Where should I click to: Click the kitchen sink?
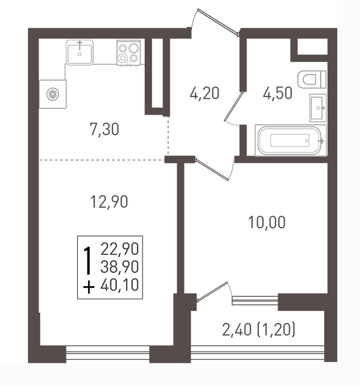point(79,52)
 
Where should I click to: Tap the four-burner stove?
point(128,53)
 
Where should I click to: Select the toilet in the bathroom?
point(312,79)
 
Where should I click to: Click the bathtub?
point(291,141)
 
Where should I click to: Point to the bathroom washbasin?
point(318,108)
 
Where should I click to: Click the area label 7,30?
point(104,129)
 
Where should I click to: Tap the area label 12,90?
point(109,202)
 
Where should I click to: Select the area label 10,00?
point(267,222)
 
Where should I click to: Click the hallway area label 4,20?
point(204,94)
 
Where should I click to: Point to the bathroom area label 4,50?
point(278,94)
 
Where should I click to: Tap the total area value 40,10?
point(120,285)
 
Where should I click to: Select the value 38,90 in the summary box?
point(120,267)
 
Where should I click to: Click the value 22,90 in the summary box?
point(120,249)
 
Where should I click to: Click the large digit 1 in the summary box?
point(87,261)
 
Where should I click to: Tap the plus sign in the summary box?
point(89,287)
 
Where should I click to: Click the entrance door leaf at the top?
point(218,22)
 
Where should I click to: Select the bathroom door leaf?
point(233,106)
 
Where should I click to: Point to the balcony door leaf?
point(212,291)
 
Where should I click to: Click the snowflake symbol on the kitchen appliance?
point(53,94)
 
